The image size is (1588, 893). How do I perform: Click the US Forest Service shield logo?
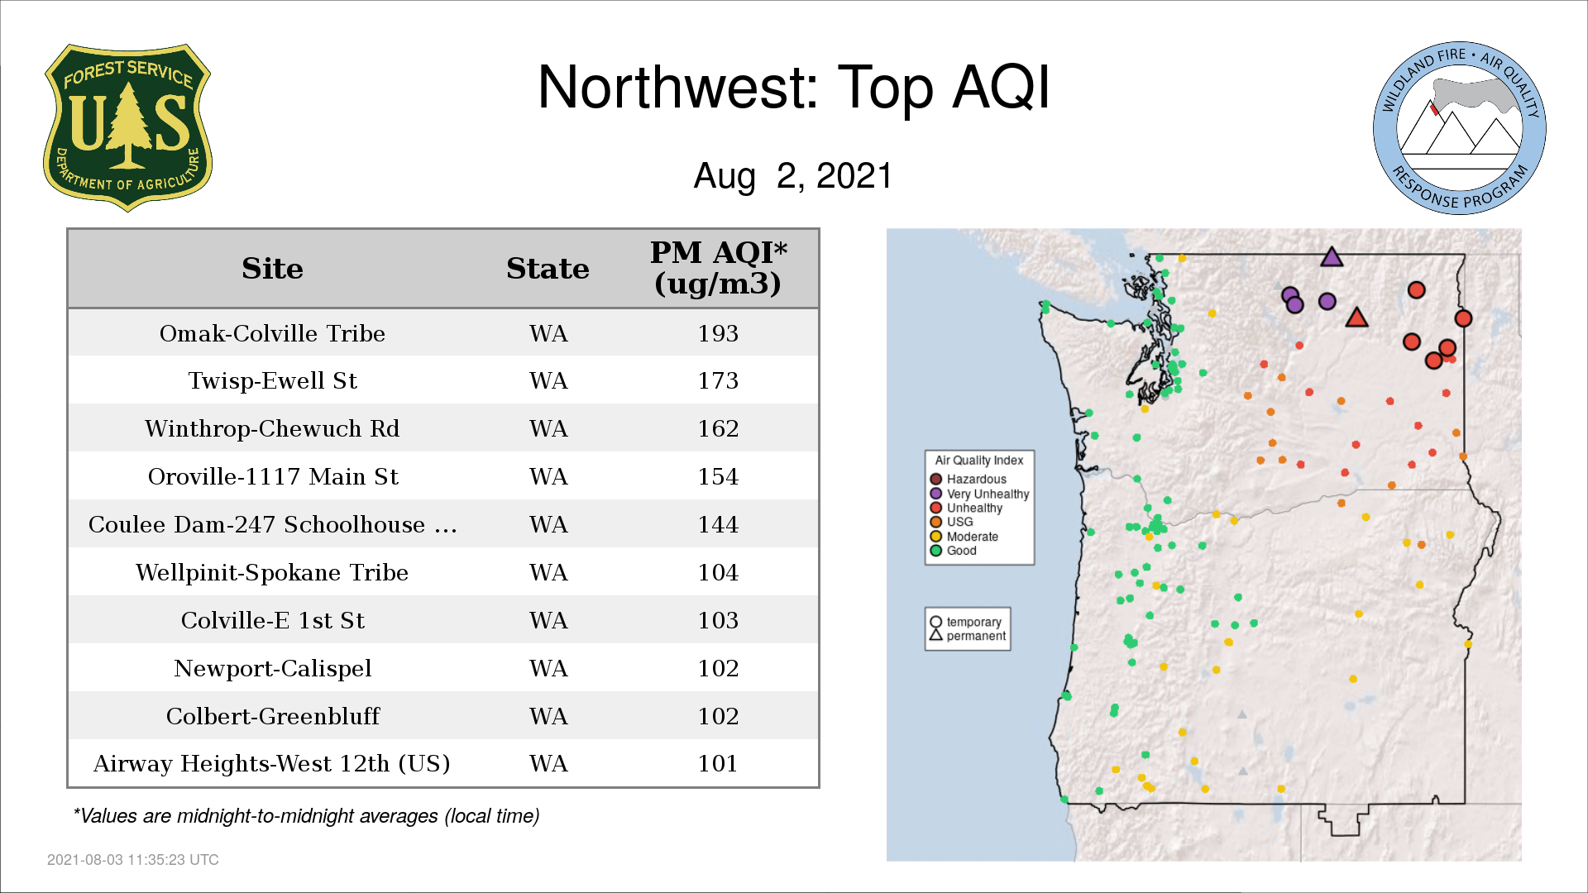[x=127, y=127]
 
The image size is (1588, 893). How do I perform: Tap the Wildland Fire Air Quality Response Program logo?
[x=1460, y=128]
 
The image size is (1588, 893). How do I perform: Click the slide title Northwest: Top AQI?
[x=794, y=87]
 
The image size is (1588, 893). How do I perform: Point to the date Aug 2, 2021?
[x=793, y=175]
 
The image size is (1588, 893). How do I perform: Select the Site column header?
[x=272, y=269]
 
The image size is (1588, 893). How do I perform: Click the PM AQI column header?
[x=718, y=268]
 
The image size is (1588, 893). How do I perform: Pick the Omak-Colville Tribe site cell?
[x=272, y=333]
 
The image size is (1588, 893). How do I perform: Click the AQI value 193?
[x=718, y=333]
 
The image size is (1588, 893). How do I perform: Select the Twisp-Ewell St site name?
[x=272, y=380]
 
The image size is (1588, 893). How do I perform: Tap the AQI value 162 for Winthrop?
[x=718, y=428]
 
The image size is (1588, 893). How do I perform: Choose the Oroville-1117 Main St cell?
[x=273, y=476]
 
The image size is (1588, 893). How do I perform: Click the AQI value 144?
[x=718, y=524]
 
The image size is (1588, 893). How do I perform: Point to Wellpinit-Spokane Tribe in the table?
[x=272, y=572]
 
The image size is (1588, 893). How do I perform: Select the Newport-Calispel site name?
[x=272, y=668]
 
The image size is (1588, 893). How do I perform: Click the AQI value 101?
[x=718, y=763]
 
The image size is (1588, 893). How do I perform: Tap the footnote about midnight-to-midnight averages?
[x=306, y=816]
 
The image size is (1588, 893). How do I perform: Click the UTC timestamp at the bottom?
[x=133, y=860]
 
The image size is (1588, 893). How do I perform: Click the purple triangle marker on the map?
[x=1332, y=257]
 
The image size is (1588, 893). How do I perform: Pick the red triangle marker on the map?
[x=1356, y=318]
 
